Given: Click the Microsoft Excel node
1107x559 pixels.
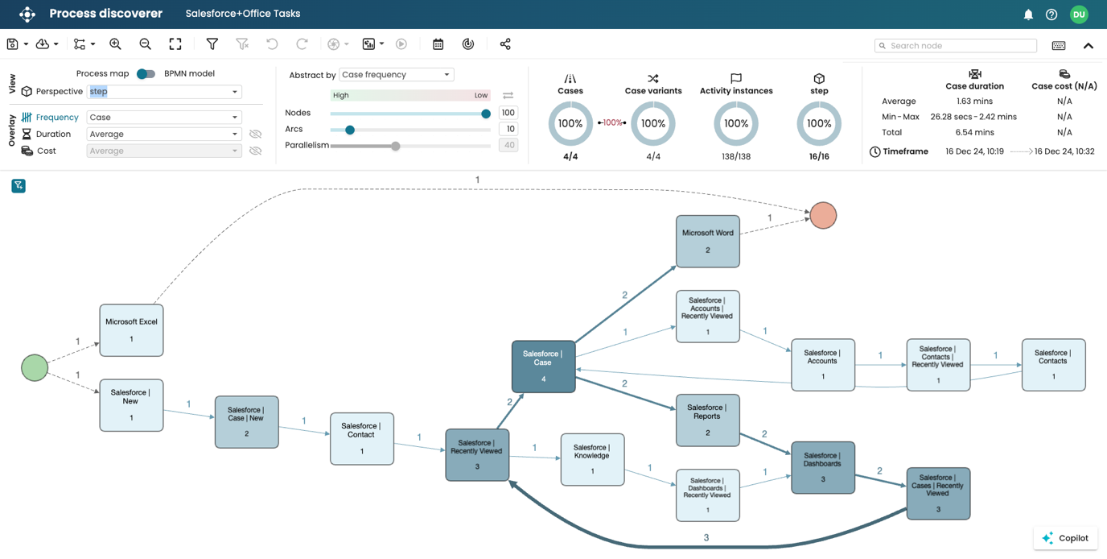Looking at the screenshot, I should point(131,330).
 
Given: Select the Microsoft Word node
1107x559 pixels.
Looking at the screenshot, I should point(708,241).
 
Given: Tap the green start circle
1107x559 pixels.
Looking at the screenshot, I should point(35,367).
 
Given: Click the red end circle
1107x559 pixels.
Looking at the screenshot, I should point(823,215).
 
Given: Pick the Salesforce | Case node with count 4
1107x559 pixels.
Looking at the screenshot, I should point(543,366).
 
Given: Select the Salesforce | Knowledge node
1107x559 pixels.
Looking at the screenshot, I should point(592,459).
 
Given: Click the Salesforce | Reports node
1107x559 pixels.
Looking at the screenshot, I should point(707,420).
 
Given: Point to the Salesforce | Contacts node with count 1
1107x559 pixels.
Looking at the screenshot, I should point(1053,365).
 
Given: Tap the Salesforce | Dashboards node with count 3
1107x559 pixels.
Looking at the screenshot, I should point(822,467).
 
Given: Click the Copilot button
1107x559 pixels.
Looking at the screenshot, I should point(1065,538).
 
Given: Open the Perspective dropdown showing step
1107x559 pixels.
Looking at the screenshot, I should point(164,92).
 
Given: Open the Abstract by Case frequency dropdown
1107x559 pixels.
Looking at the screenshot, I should point(396,75).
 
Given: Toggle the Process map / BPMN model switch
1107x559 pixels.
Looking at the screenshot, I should point(146,73).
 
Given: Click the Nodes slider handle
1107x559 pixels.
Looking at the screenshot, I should point(486,114).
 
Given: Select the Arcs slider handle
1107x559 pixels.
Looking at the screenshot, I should point(350,130).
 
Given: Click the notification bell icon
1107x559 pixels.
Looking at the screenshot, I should point(1028,14).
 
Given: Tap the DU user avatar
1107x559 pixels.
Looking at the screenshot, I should point(1079,14).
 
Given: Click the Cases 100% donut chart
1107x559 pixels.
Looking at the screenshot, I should point(570,124).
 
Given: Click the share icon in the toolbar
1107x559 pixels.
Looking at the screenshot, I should point(505,44).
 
